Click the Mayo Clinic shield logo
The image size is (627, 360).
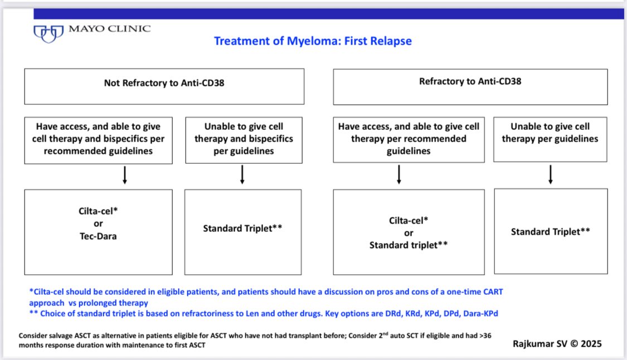pyautogui.click(x=48, y=33)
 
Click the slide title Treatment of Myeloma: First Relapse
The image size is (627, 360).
pyautogui.click(x=313, y=41)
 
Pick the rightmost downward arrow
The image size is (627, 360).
pyautogui.click(x=551, y=175)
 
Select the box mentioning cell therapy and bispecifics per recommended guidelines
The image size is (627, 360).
pyautogui.click(x=98, y=139)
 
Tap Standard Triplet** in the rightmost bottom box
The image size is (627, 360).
pyautogui.click(x=550, y=231)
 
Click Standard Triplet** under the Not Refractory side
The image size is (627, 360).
pyautogui.click(x=242, y=228)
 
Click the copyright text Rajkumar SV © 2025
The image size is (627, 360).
pyautogui.click(x=557, y=344)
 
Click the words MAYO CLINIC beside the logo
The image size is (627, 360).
pyautogui.click(x=109, y=28)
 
